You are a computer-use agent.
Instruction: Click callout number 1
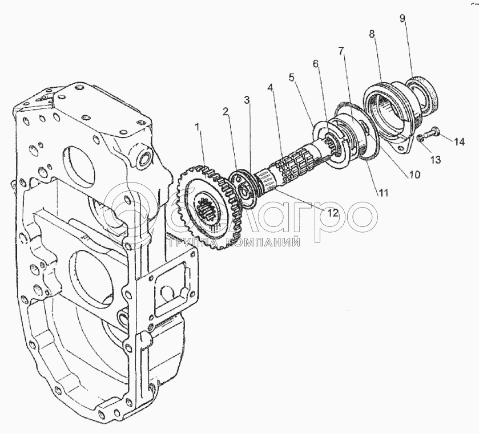tap(198, 127)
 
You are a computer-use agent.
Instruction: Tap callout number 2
tap(226, 112)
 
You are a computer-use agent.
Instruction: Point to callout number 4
tap(269, 88)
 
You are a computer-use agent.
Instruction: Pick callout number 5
tap(292, 77)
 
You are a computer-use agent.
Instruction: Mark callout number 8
tap(372, 34)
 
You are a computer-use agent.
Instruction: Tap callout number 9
tap(402, 18)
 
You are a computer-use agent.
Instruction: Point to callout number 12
tap(332, 213)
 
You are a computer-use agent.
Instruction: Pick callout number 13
tap(435, 159)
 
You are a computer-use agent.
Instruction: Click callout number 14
tap(458, 141)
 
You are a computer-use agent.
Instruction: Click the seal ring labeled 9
tap(422, 95)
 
